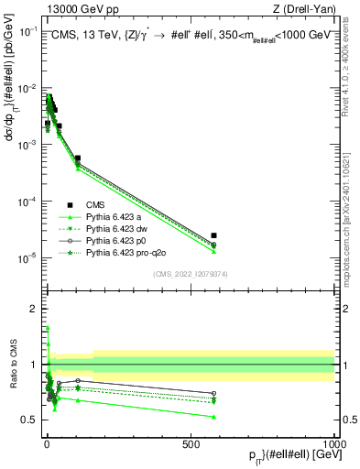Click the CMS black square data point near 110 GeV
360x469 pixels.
click(78, 158)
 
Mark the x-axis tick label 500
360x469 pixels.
click(190, 443)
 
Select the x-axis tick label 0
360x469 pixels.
click(46, 443)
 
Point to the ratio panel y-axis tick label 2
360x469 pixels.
click(32, 309)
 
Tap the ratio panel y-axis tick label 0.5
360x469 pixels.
click(29, 420)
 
